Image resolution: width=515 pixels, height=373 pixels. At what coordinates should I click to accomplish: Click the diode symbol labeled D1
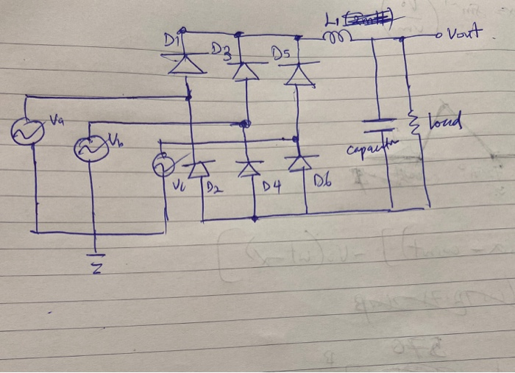(x=186, y=65)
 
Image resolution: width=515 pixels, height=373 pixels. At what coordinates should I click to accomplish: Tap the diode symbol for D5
(x=298, y=74)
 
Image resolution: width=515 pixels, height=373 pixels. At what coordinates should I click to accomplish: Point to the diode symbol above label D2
(x=196, y=171)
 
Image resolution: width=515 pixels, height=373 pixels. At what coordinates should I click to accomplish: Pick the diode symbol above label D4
(x=249, y=168)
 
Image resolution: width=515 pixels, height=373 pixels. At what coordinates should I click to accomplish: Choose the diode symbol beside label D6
(x=299, y=162)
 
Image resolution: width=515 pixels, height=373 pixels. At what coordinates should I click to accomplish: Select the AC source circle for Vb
(x=90, y=149)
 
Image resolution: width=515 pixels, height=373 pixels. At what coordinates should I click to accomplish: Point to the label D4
(x=271, y=189)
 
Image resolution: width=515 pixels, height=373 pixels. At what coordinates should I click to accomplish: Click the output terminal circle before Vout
(x=440, y=35)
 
